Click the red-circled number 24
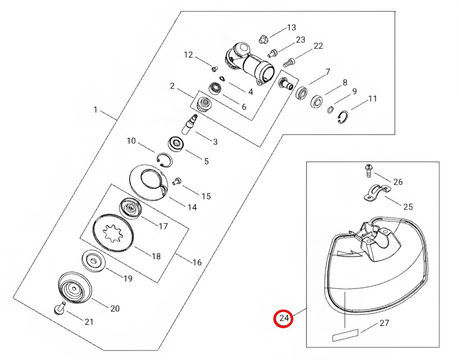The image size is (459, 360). click(x=284, y=318)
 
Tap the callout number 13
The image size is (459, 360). click(x=292, y=28)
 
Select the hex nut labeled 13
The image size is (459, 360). click(x=263, y=39)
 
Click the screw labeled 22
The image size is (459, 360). click(x=289, y=62)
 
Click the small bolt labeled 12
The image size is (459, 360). click(x=215, y=69)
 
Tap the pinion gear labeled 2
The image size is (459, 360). click(x=205, y=105)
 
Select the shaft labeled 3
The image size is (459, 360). click(x=190, y=124)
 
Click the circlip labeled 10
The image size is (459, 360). click(x=164, y=160)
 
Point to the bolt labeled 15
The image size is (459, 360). click(x=177, y=181)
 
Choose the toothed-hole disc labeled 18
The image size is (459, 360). click(x=113, y=233)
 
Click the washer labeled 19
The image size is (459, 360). click(x=94, y=260)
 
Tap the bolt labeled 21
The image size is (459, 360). click(x=60, y=308)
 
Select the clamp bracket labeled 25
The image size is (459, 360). click(x=377, y=193)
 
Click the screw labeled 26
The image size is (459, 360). click(x=368, y=171)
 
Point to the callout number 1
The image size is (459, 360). click(x=95, y=110)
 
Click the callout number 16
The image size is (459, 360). click(x=197, y=262)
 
